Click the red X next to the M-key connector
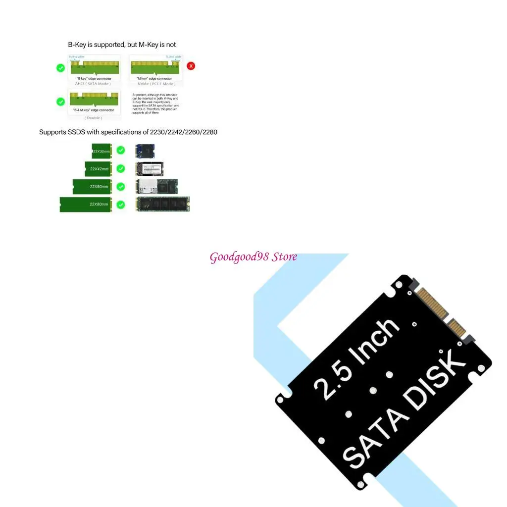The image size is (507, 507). point(190,66)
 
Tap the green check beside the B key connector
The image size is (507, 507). point(60,68)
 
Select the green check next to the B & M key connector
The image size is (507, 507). point(60,101)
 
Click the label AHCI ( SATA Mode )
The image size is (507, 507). point(93,84)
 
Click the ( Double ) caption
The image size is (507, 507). point(93,118)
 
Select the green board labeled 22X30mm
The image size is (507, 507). point(101,151)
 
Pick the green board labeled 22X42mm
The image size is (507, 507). point(98,169)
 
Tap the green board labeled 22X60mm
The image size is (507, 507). point(92,187)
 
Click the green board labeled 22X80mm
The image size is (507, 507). point(85,204)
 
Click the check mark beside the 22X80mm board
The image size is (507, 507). point(121,204)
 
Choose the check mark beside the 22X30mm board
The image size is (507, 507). point(121,150)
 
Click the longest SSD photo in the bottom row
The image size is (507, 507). point(163,204)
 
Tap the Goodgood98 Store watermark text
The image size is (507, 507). point(253,257)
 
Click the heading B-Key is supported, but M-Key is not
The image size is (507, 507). point(122,45)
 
